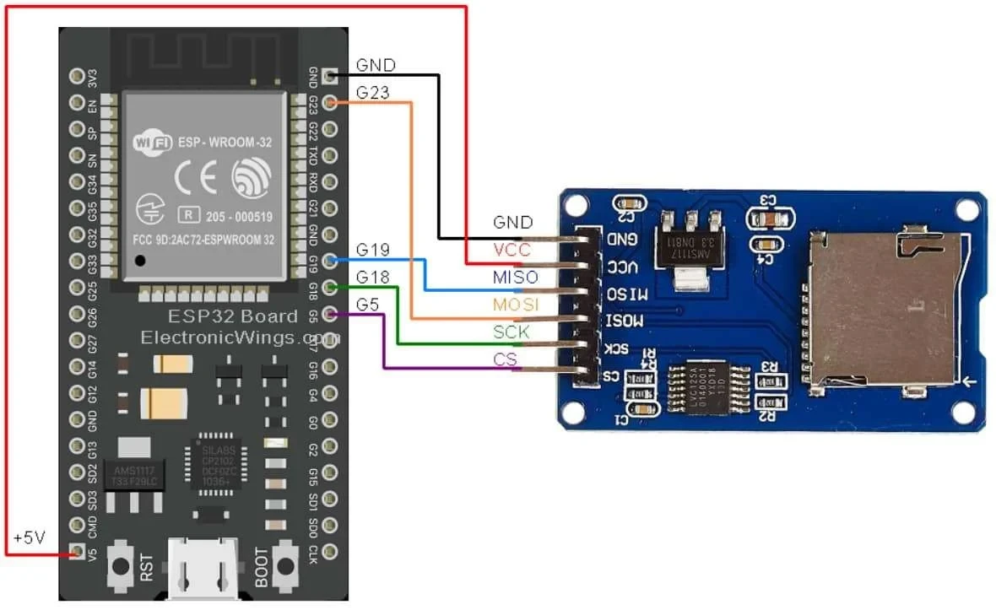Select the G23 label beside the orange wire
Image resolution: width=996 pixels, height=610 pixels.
point(372,92)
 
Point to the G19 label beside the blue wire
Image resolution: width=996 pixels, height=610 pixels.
point(372,250)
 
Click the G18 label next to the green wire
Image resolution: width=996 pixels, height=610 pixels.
point(372,277)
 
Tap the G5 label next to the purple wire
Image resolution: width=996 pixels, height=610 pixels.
point(367,304)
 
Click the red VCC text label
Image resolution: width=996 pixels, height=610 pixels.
point(512,250)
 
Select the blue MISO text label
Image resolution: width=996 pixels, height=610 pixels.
point(514,277)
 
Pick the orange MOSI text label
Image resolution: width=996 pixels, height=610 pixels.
point(514,305)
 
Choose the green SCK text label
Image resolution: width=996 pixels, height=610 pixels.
point(512,332)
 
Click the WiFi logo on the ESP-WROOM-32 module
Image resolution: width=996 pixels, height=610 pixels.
point(153,143)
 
